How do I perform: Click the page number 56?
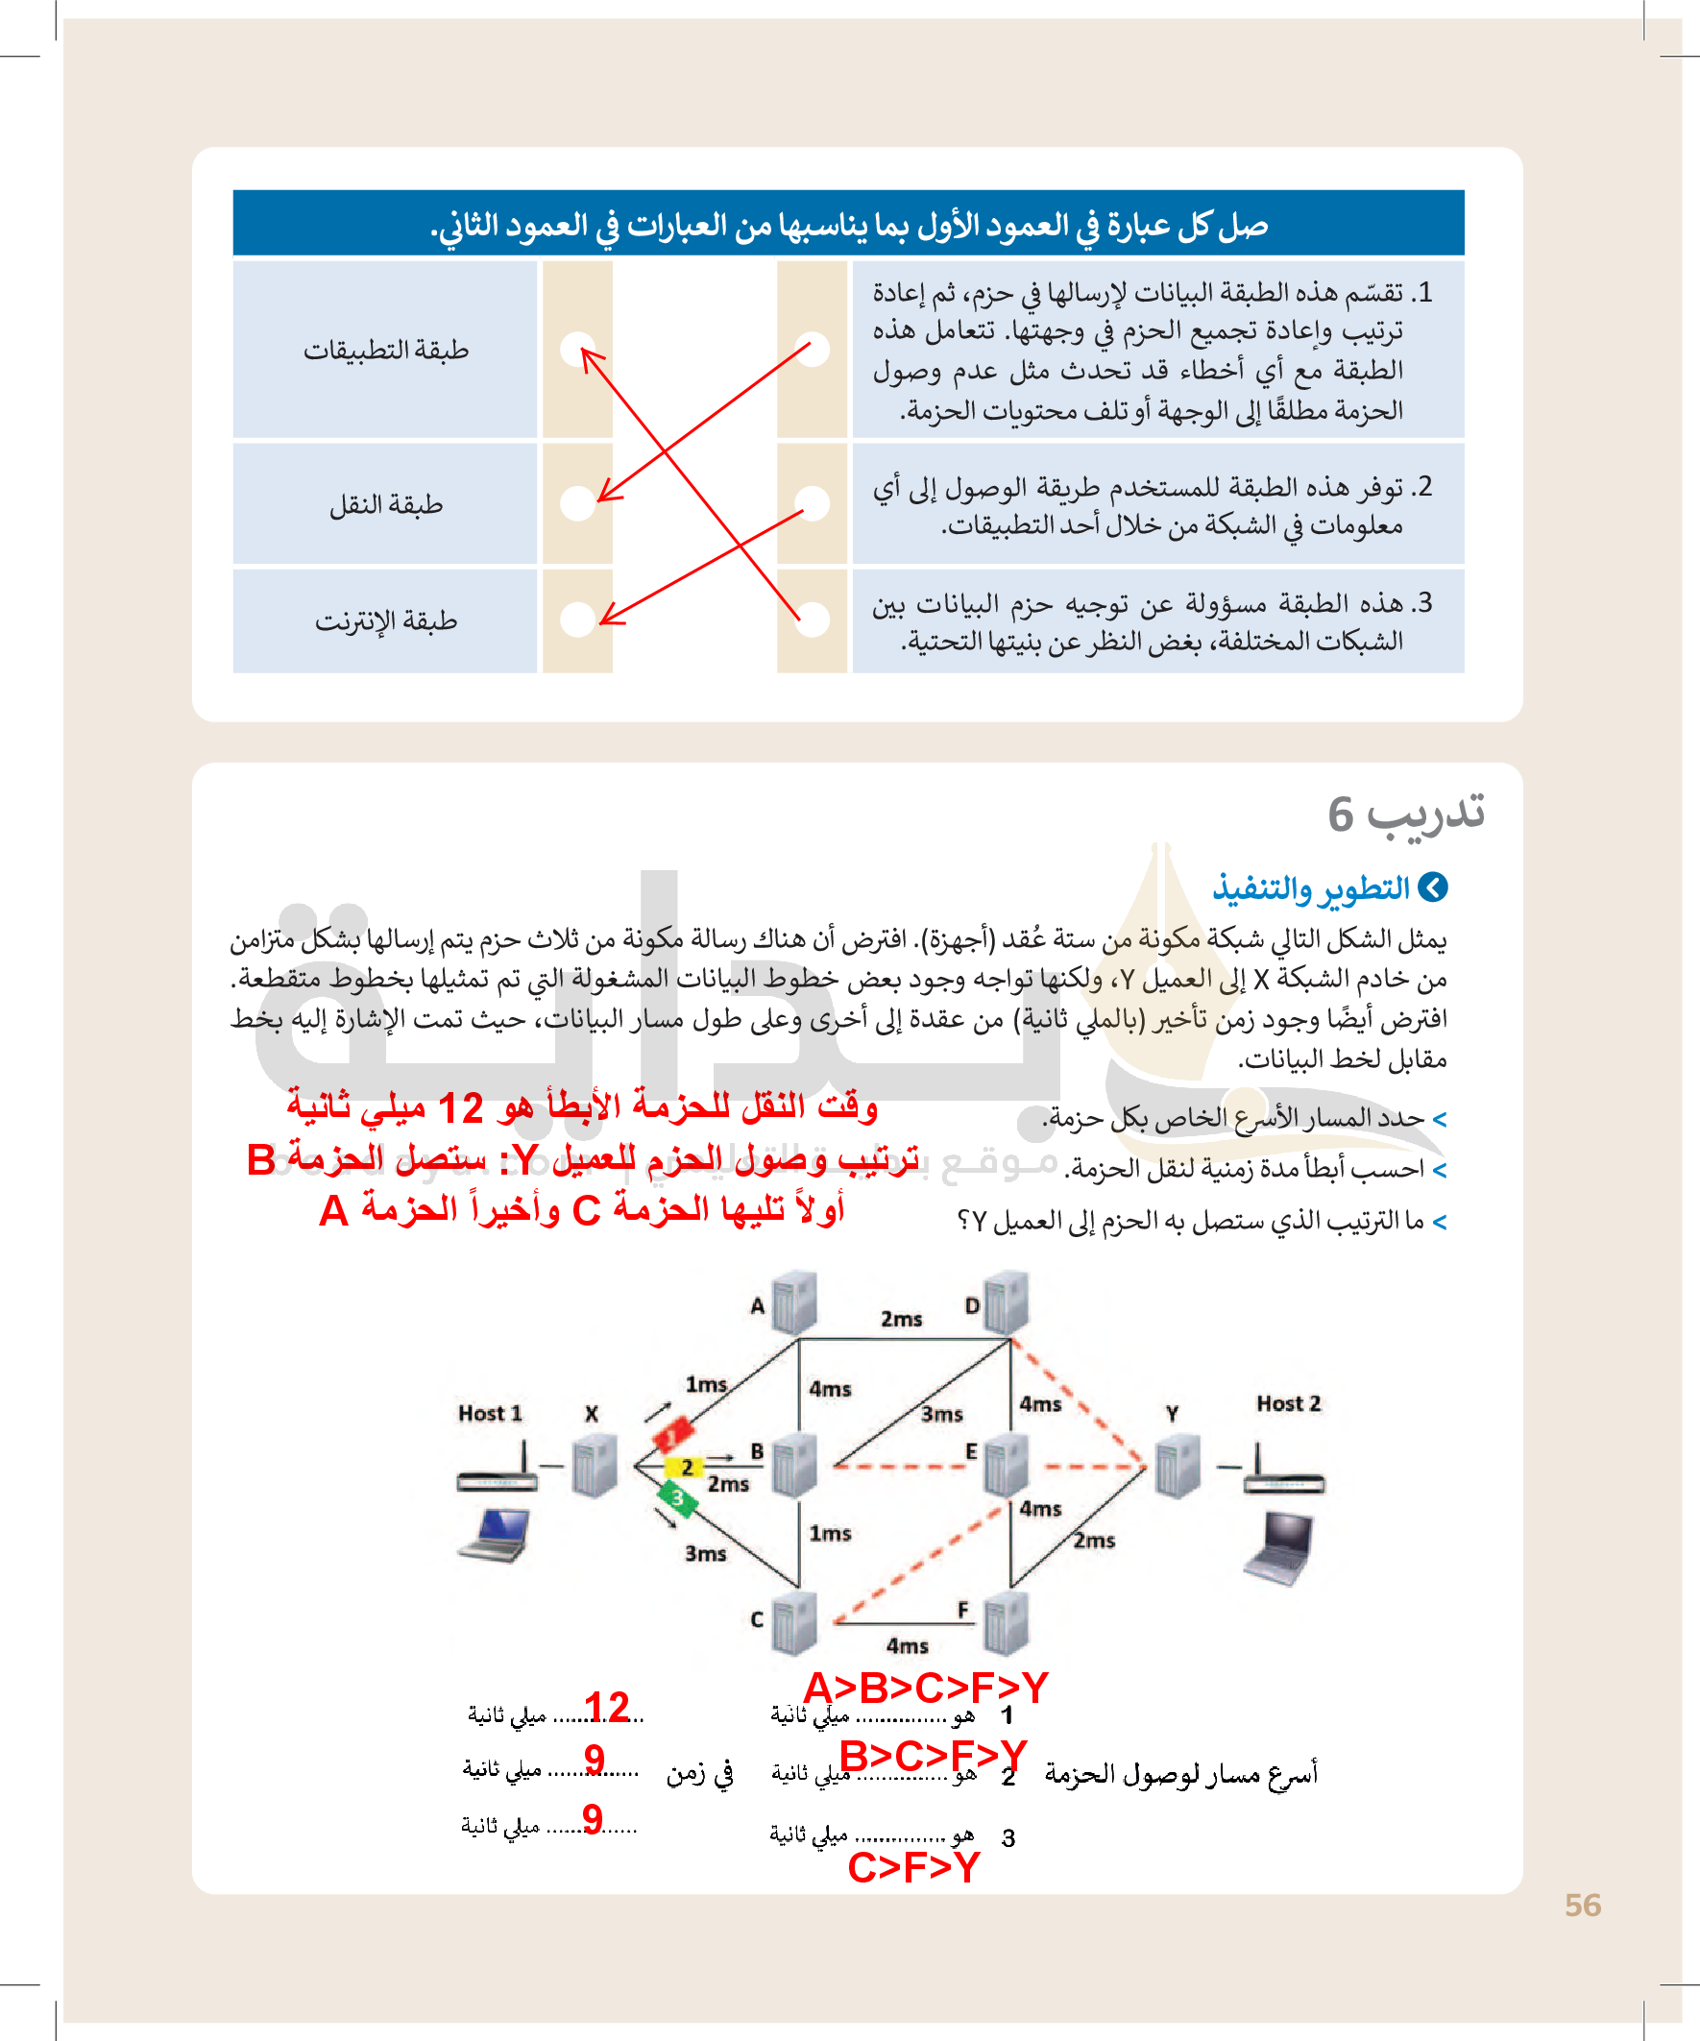click(x=1583, y=1906)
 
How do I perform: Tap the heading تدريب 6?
click(x=1405, y=813)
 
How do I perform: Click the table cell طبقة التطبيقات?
click(x=386, y=350)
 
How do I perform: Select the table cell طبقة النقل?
click(x=386, y=504)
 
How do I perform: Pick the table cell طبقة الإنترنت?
click(x=386, y=621)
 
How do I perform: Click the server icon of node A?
click(x=794, y=1302)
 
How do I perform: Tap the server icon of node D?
click(x=1007, y=1302)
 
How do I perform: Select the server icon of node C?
click(x=794, y=1622)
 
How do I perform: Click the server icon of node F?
click(x=1006, y=1622)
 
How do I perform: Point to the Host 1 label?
click(x=490, y=1414)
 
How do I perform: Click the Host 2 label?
click(x=1288, y=1403)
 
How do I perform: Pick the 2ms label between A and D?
click(x=901, y=1319)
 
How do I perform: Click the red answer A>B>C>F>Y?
click(x=925, y=1689)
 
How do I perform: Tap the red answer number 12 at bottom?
click(x=608, y=1708)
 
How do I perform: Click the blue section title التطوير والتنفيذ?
click(x=1312, y=887)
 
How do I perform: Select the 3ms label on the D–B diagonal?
click(x=942, y=1414)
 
